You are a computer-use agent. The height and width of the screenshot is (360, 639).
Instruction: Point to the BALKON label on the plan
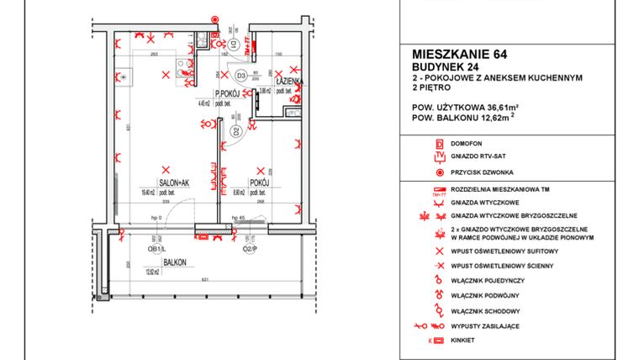pos(175,262)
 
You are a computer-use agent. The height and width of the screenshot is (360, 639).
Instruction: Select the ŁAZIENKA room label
pos(288,81)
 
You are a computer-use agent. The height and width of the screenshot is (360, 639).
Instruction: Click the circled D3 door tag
pos(240,76)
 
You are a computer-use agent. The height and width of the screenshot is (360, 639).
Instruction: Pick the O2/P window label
pos(249,249)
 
